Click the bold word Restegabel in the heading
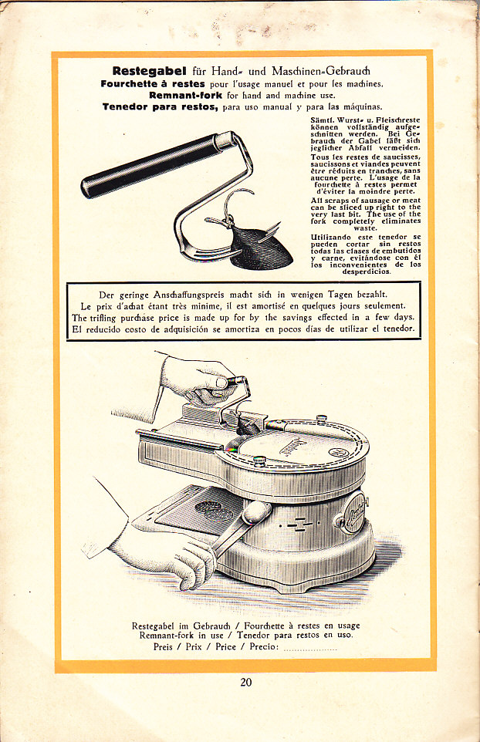tap(149, 72)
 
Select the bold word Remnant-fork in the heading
tap(185, 95)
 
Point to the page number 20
tap(245, 682)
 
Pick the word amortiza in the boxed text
tap(242, 329)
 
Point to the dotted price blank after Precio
tap(310, 647)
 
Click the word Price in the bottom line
tap(225, 646)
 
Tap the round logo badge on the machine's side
tap(352, 513)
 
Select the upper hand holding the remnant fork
tap(199, 379)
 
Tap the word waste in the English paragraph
tap(366, 228)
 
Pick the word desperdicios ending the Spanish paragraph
tap(367, 272)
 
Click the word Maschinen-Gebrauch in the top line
tap(321, 72)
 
